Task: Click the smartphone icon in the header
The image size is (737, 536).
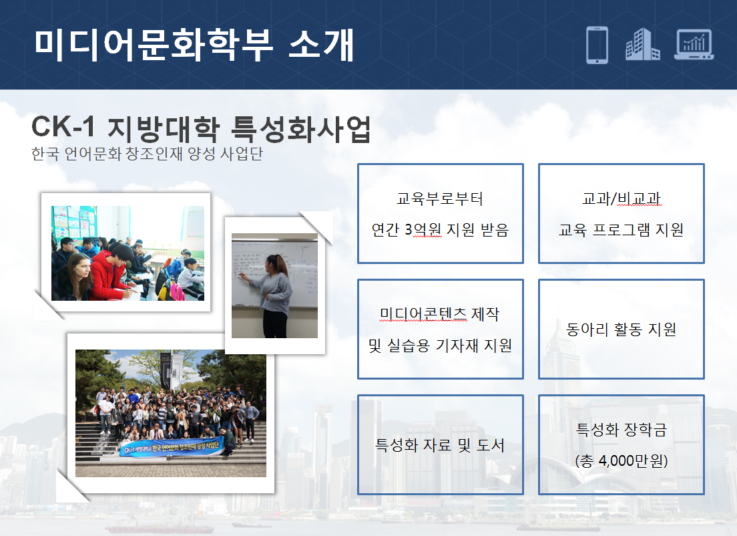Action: [597, 45]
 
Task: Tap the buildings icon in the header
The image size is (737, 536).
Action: [642, 44]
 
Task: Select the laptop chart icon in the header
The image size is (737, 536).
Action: [694, 45]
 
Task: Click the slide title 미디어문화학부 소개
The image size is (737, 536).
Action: [194, 45]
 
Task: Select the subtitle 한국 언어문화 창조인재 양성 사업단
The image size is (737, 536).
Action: [147, 154]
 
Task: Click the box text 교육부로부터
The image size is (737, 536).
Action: [439, 198]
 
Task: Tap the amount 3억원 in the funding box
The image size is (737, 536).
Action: [423, 230]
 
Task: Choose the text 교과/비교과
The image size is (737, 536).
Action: [622, 198]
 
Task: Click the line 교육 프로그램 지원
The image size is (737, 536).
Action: [621, 230]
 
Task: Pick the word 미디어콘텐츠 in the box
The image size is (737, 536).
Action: [423, 314]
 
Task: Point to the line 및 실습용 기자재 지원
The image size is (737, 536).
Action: [440, 346]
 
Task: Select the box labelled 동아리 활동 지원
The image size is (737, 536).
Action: [622, 329]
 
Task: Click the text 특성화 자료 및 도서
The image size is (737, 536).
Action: [439, 444]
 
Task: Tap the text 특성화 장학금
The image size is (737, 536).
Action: [622, 429]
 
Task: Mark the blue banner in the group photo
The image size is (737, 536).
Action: [172, 448]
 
